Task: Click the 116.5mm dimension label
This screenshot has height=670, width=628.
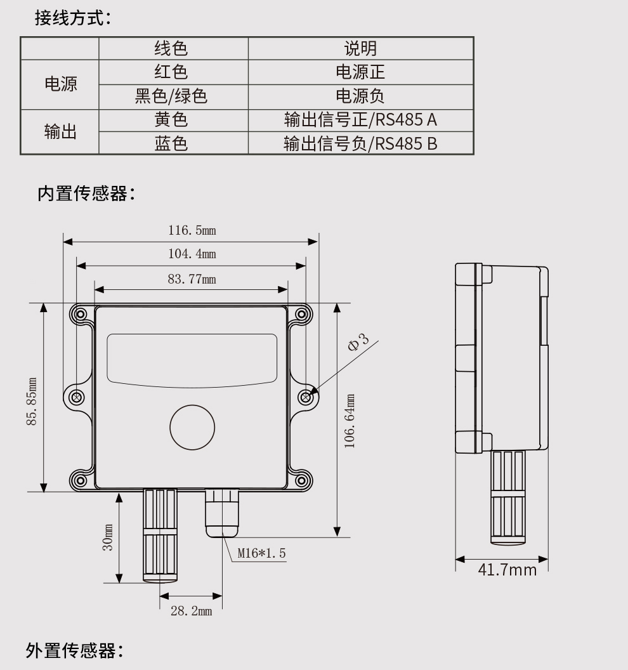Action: tap(192, 230)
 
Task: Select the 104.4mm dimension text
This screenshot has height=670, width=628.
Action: tap(192, 254)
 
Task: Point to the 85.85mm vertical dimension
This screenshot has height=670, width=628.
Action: tap(31, 402)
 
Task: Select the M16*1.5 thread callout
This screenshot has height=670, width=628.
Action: tap(261, 553)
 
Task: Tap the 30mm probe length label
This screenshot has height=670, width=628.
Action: tap(108, 537)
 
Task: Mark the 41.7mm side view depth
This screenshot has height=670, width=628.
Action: tap(507, 569)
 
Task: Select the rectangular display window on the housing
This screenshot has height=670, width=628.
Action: tap(192, 358)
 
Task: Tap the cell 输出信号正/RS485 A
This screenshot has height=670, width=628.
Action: tap(360, 119)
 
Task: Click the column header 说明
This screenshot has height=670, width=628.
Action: tap(360, 48)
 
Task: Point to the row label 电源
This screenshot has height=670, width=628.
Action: tap(60, 84)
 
